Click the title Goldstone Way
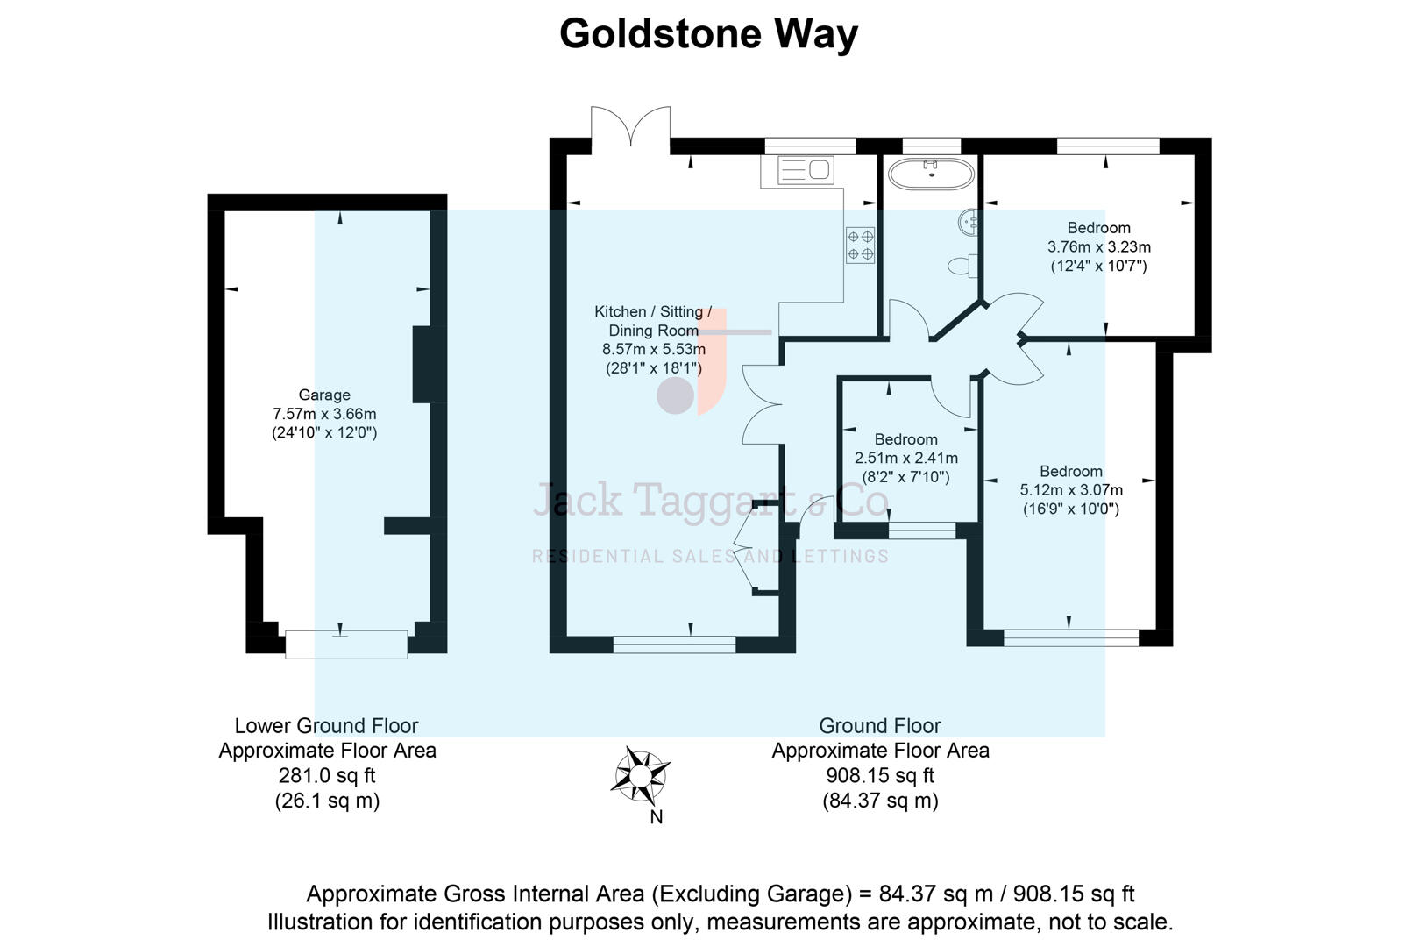(x=708, y=35)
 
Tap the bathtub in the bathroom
(x=930, y=174)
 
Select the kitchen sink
(x=806, y=169)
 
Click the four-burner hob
(x=860, y=246)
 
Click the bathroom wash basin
(x=969, y=222)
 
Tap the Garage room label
(x=324, y=395)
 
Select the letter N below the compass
(x=656, y=817)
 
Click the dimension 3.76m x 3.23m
(x=1099, y=247)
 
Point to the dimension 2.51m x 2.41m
(x=905, y=458)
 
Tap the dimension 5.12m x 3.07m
(x=1070, y=490)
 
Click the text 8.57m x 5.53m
(x=653, y=349)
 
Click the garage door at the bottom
(x=346, y=644)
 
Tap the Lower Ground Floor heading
(x=326, y=726)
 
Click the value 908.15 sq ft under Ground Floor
(x=880, y=776)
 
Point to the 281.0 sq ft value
(x=326, y=776)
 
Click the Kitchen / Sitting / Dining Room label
(x=653, y=321)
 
